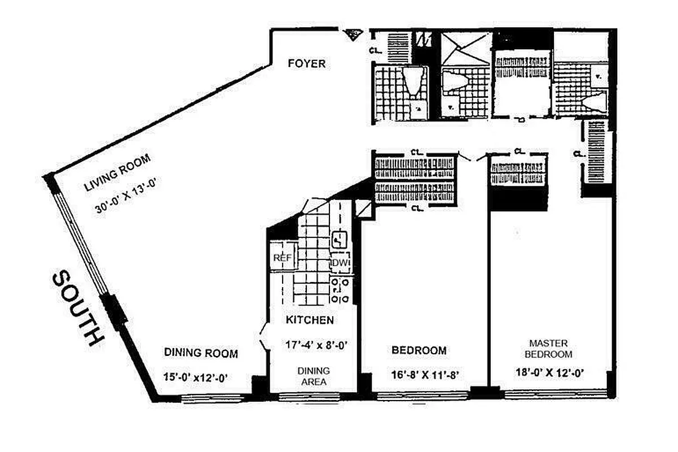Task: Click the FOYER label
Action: pyautogui.click(x=306, y=63)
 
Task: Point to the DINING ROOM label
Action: pyautogui.click(x=201, y=353)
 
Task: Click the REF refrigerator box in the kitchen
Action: pyautogui.click(x=281, y=258)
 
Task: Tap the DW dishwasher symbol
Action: pyautogui.click(x=341, y=263)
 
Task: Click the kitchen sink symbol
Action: pyautogui.click(x=340, y=241)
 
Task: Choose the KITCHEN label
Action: pyautogui.click(x=310, y=320)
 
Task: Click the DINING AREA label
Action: pyautogui.click(x=313, y=376)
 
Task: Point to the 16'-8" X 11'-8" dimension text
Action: pyautogui.click(x=420, y=374)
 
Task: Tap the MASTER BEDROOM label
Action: pyautogui.click(x=548, y=349)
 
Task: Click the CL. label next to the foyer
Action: pyautogui.click(x=375, y=50)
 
